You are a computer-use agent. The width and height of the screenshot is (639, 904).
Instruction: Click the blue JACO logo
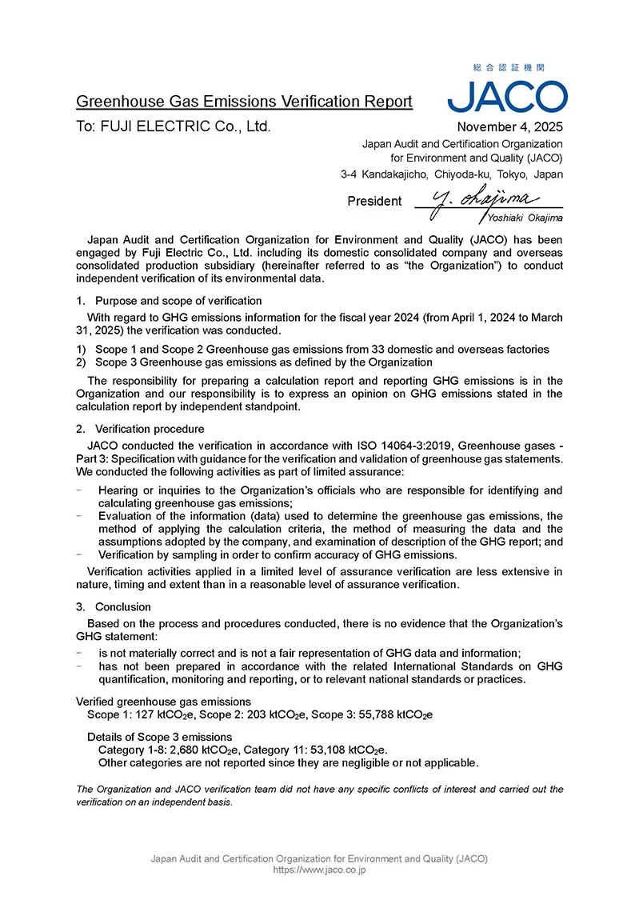(x=507, y=96)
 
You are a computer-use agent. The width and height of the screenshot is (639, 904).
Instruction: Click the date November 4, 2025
(x=509, y=126)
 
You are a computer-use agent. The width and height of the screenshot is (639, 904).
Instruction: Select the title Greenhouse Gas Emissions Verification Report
(x=244, y=102)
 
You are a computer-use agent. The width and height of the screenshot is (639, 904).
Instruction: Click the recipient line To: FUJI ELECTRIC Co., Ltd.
(x=174, y=126)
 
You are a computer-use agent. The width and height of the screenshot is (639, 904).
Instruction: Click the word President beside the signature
(x=374, y=202)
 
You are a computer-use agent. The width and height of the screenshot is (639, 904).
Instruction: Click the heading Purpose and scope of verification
(x=178, y=301)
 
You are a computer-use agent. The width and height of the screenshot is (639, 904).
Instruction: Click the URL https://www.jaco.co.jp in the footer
(x=319, y=870)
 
